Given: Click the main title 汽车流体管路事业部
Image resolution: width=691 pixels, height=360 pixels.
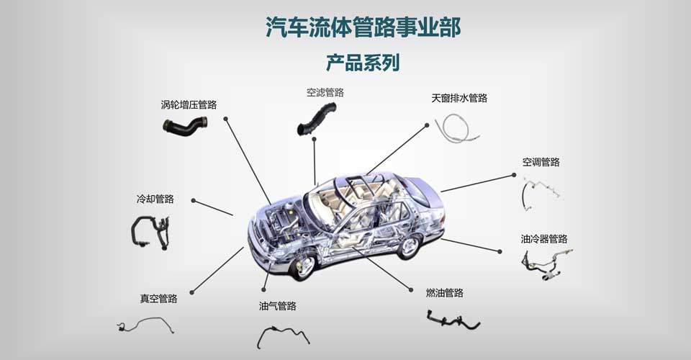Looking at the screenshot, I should (363, 27).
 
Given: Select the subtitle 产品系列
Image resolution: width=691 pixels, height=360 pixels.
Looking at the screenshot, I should (363, 63).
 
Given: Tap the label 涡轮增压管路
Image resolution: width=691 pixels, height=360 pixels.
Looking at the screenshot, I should (189, 104).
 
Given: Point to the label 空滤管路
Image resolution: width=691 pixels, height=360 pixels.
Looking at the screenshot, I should (325, 92).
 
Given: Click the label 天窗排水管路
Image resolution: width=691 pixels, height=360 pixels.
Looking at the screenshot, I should (459, 98).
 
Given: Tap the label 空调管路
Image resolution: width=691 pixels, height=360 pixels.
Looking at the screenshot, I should (541, 162).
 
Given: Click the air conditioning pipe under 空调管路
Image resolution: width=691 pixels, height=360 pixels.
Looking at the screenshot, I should (540, 190).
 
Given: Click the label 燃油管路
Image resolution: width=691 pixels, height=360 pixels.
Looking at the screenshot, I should (445, 292).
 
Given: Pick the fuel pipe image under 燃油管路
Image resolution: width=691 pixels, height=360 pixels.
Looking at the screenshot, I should (452, 319).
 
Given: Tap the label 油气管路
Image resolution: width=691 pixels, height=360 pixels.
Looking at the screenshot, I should (278, 306).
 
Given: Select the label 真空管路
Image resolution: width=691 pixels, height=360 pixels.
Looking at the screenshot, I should (158, 298).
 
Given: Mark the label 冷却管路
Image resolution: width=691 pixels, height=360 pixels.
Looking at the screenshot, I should (155, 199).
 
